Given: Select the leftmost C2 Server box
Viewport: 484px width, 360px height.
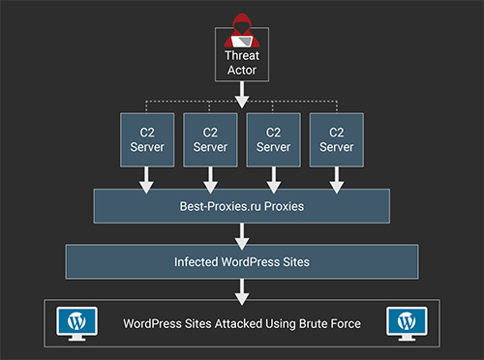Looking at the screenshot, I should [x=145, y=139].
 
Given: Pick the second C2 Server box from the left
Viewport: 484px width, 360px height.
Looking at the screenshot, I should [x=209, y=139].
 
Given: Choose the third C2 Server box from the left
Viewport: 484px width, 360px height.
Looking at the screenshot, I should [x=273, y=139].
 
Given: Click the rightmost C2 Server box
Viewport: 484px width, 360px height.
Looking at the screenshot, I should [x=337, y=139].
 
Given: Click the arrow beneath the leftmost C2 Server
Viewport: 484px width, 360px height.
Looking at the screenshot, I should [x=145, y=177].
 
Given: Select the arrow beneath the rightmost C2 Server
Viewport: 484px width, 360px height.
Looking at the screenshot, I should [x=337, y=177].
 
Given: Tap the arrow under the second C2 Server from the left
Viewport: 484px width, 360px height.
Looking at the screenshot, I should [x=209, y=177].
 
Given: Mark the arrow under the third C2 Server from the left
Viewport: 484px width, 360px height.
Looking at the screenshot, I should [x=273, y=177].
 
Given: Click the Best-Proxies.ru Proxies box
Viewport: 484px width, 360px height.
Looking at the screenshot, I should [x=241, y=206].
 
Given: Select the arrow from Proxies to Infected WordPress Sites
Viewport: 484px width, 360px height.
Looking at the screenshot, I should [x=241, y=233].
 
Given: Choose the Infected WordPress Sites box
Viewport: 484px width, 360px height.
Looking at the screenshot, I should [x=241, y=261].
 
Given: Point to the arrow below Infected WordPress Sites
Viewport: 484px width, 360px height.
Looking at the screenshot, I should [x=241, y=290].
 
